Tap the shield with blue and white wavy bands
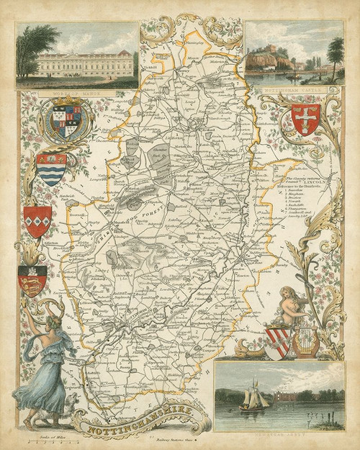50,168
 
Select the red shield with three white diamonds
37,221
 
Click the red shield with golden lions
33,280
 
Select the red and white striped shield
277,342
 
